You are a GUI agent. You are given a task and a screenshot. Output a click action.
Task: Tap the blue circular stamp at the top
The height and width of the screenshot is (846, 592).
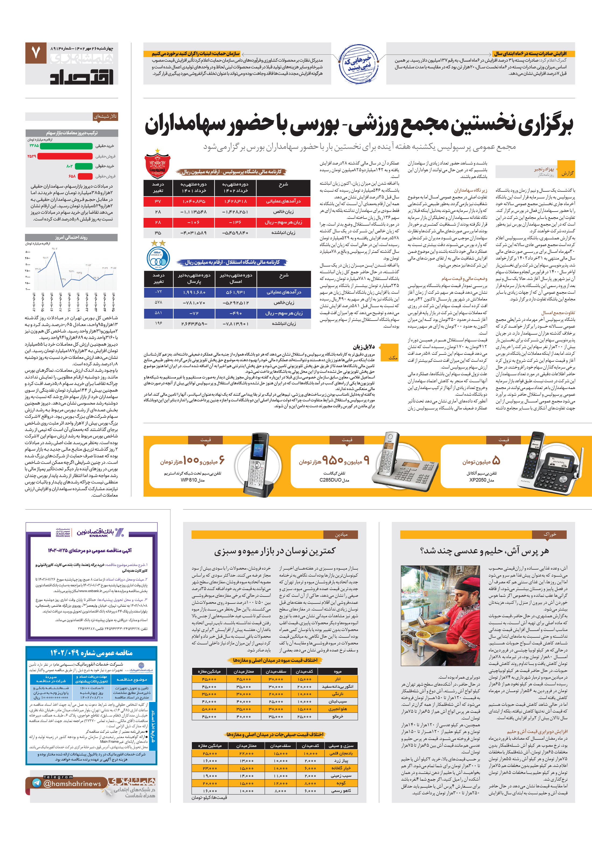(358, 63)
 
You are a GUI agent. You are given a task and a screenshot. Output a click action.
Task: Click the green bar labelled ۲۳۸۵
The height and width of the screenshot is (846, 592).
(66, 146)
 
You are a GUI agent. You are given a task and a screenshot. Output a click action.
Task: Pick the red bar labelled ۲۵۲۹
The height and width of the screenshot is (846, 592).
(65, 156)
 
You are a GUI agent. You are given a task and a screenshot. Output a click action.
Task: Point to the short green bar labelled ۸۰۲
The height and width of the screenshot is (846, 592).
(84, 166)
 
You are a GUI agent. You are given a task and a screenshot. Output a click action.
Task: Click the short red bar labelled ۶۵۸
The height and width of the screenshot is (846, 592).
(85, 176)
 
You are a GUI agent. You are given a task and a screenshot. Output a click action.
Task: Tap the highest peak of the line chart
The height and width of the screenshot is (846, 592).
(55, 252)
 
